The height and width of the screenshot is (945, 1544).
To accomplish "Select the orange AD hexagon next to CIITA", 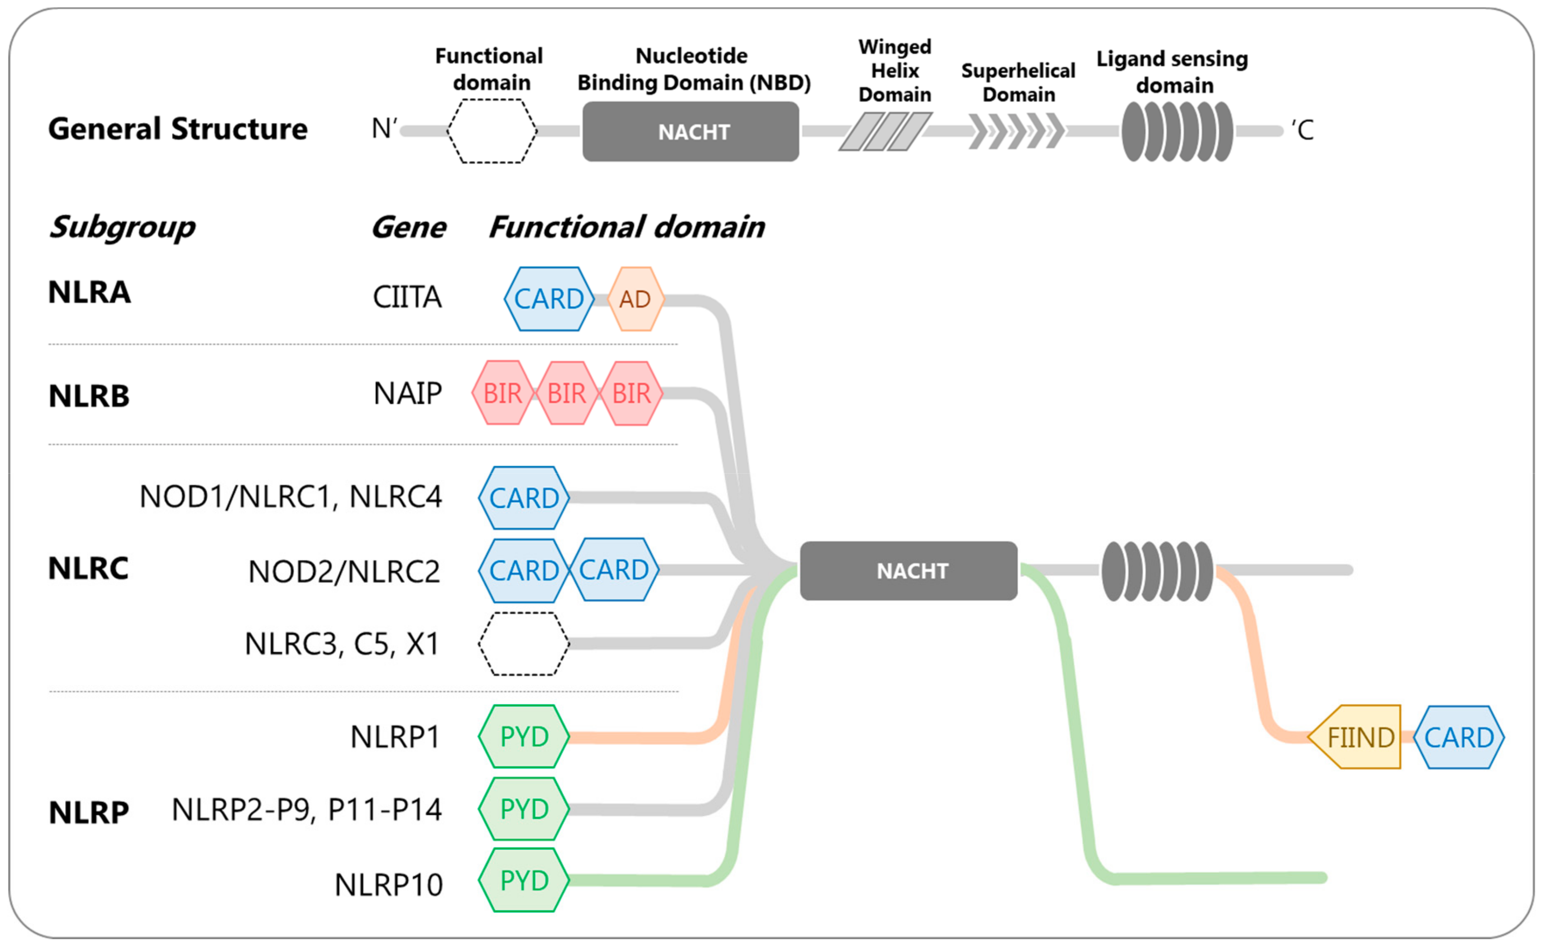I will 635,299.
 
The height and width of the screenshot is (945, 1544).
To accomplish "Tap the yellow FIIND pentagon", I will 1356,737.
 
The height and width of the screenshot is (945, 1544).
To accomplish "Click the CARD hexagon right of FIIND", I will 1459,737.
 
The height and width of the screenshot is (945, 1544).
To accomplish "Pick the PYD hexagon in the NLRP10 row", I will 524,880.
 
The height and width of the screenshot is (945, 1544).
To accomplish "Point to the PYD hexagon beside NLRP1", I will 524,736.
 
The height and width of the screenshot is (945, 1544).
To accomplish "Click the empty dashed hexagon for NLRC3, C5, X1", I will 524,644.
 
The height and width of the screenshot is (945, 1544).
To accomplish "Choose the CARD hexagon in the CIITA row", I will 549,299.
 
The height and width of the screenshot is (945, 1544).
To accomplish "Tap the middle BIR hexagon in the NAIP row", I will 567,393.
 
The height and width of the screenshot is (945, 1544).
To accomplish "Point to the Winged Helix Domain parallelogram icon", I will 885,131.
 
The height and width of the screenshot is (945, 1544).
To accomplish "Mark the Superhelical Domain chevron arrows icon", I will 1016,131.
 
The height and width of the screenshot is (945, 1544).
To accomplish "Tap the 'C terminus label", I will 1302,130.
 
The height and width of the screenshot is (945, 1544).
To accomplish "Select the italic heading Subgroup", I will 122,227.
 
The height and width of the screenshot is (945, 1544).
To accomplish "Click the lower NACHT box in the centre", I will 909,571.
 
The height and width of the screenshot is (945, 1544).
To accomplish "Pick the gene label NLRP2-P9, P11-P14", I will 307,810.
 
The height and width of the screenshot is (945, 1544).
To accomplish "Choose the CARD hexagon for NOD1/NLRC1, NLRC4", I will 524,498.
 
